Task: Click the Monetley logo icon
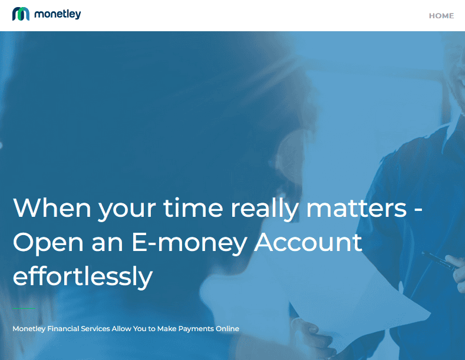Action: [21, 14]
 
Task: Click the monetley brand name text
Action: [58, 14]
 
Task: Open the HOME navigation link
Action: [441, 16]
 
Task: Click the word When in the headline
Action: [52, 207]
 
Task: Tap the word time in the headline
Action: [193, 207]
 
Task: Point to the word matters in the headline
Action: [356, 207]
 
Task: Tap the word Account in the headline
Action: [308, 242]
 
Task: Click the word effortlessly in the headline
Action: [83, 276]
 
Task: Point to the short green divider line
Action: [24, 308]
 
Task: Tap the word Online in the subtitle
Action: [227, 329]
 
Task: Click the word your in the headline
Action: [127, 210]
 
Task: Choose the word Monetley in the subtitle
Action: [29, 329]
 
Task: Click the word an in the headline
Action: [107, 244]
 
